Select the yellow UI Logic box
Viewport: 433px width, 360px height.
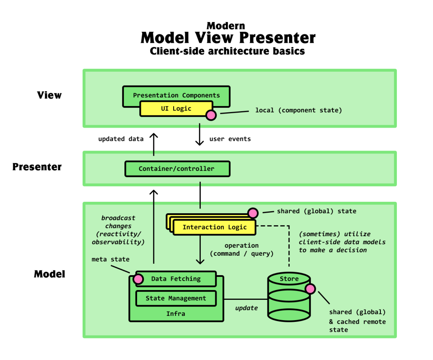click(x=176, y=109)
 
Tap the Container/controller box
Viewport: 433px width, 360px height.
click(x=177, y=168)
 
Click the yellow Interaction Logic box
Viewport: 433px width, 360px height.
click(x=214, y=227)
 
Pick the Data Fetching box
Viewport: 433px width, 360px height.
click(x=176, y=279)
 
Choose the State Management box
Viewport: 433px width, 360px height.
click(x=176, y=298)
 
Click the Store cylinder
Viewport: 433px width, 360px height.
click(x=289, y=297)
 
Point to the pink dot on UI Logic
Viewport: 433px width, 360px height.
click(x=211, y=115)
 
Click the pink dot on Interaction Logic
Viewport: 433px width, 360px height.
click(x=253, y=212)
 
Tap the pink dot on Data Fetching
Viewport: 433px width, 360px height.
click(x=138, y=279)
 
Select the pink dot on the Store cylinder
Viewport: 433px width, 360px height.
click(x=310, y=289)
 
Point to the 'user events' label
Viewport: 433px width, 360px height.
click(x=230, y=139)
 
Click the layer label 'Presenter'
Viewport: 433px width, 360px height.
click(x=37, y=167)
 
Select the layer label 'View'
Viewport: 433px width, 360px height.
click(x=49, y=95)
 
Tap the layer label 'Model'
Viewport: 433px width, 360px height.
click(x=50, y=274)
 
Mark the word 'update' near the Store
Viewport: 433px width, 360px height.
click(x=246, y=308)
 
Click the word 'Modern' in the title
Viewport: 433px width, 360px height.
click(x=225, y=25)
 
